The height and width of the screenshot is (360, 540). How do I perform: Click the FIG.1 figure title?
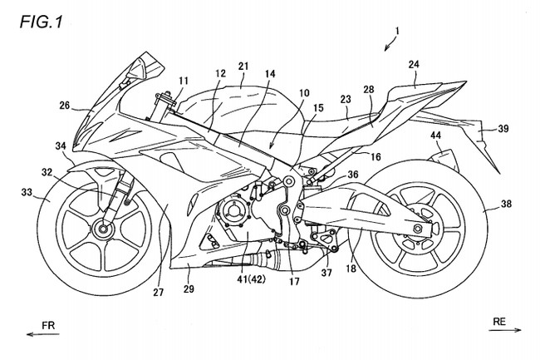click(x=41, y=22)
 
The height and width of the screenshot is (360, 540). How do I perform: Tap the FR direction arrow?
click(x=43, y=334)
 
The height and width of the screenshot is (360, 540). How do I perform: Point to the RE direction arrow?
click(x=505, y=330)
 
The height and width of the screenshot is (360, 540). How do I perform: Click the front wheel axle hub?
click(x=102, y=229)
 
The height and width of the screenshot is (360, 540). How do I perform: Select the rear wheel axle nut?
click(x=419, y=228)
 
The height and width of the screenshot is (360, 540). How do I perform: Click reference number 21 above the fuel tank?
click(x=243, y=67)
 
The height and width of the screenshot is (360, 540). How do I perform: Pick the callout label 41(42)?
click(x=252, y=279)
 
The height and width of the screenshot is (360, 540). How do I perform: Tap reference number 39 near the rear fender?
click(x=503, y=129)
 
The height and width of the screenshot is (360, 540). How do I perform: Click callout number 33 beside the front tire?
click(x=27, y=192)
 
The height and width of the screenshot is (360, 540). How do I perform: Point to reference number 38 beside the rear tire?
click(x=506, y=204)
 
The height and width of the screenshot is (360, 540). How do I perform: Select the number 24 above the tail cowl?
click(x=415, y=64)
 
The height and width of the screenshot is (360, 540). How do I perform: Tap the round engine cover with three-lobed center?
click(x=231, y=214)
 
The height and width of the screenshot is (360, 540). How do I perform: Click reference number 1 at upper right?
click(x=397, y=31)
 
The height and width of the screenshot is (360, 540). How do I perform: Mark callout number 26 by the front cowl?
click(x=65, y=106)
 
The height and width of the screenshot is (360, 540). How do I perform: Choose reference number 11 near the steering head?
click(x=184, y=81)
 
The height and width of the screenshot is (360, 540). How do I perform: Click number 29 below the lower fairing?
click(x=189, y=288)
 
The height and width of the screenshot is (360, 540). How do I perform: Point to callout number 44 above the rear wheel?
click(x=435, y=136)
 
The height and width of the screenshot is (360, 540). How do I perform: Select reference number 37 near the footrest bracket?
click(x=326, y=273)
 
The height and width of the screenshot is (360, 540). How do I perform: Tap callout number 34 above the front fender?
click(x=61, y=146)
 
